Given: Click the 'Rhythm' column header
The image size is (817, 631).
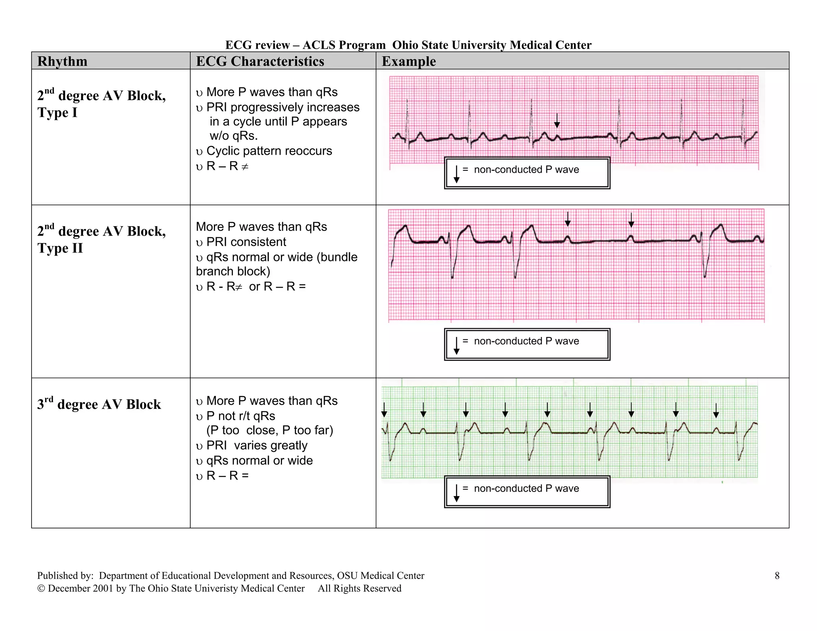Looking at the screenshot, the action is pos(62,61).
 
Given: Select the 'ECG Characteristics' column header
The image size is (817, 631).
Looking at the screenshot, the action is pos(260,61).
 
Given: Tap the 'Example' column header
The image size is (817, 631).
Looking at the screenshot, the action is pos(408,61).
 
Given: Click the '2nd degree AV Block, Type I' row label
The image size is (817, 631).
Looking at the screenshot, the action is pos(101,104).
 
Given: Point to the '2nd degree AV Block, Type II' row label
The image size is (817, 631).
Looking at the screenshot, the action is pos(101,239).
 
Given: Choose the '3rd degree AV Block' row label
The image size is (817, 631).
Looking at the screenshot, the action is pos(99,404).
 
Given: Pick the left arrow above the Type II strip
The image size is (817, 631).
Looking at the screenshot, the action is pos(567,219).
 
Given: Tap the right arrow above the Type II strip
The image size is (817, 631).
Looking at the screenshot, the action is pos(631,220).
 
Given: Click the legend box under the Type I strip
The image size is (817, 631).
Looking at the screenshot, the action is pos(527,173).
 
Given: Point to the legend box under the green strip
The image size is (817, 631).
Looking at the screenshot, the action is pos(527,491).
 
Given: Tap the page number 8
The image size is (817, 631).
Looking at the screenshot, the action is pos(777,576).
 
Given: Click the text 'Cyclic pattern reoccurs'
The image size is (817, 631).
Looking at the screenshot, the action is pos(269,151).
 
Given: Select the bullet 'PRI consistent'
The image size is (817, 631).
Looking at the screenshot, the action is pos(246,242).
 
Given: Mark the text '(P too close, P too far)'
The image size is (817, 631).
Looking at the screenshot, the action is pos(270,430).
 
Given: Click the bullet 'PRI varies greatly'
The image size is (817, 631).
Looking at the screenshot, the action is pos(257,446).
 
